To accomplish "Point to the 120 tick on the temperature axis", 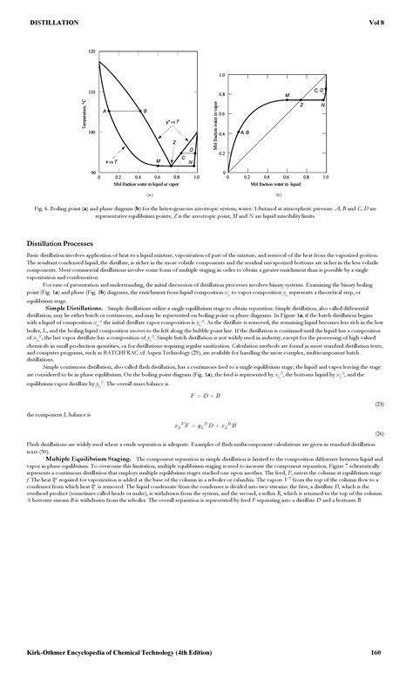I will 92,52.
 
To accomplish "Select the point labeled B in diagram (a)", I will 144,112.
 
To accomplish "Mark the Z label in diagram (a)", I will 174,141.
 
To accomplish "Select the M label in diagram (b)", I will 288,94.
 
